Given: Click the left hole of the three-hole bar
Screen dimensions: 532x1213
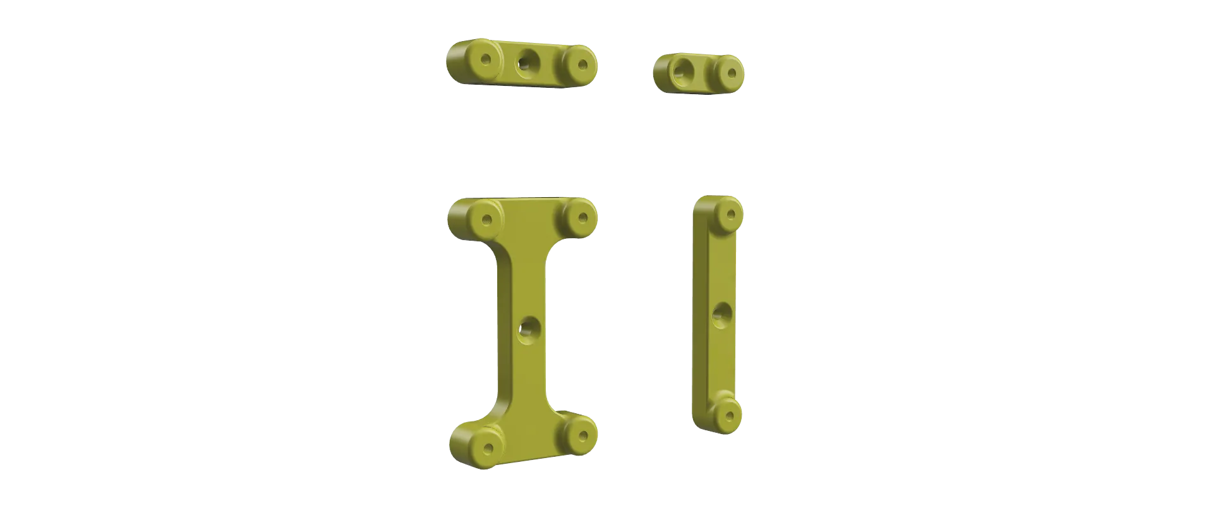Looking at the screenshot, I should (486, 60).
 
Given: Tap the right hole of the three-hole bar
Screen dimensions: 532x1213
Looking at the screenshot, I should (582, 64).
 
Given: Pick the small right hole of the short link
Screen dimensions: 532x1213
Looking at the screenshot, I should (732, 73).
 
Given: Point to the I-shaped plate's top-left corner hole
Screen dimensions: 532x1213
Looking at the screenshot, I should (486, 220).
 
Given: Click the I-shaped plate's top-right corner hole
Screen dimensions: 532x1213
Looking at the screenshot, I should (582, 218).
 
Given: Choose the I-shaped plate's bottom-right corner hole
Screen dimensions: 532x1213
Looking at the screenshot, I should (582, 436).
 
